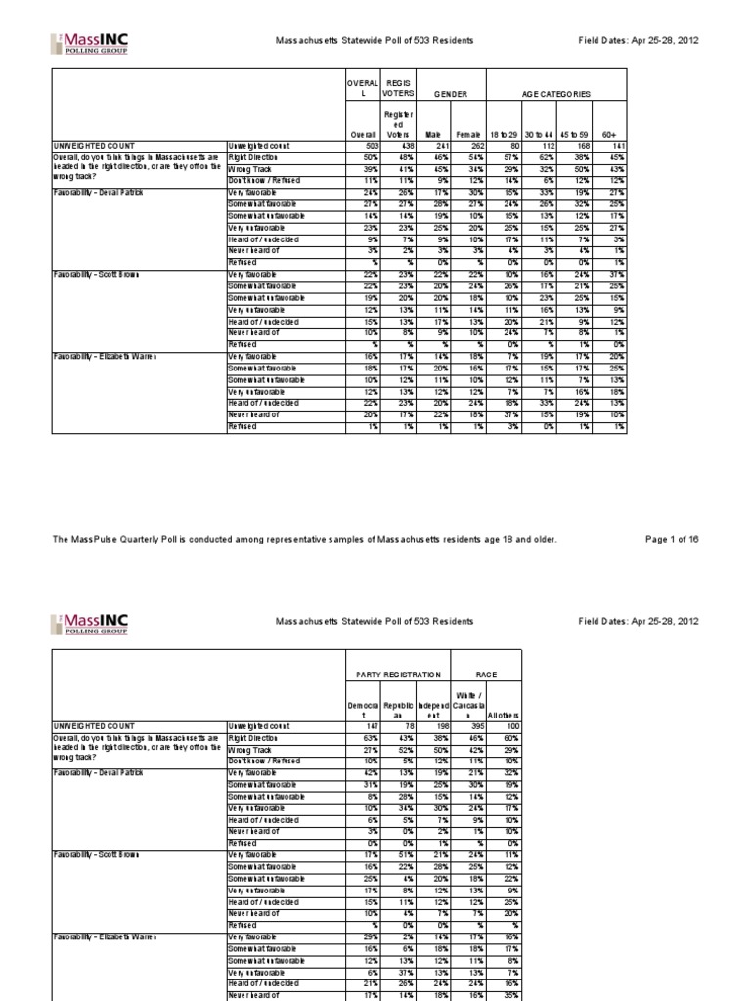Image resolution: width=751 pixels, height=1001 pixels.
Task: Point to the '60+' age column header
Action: pyautogui.click(x=617, y=133)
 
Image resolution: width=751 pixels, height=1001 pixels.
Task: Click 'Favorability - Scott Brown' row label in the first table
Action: pyautogui.click(x=96, y=275)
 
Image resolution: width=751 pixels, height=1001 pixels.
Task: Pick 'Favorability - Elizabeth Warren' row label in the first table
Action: pyautogui.click(x=102, y=357)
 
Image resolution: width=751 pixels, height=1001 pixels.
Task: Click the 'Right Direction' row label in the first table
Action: pyautogui.click(x=254, y=157)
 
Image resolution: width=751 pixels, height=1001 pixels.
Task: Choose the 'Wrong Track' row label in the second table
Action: pyautogui.click(x=250, y=749)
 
